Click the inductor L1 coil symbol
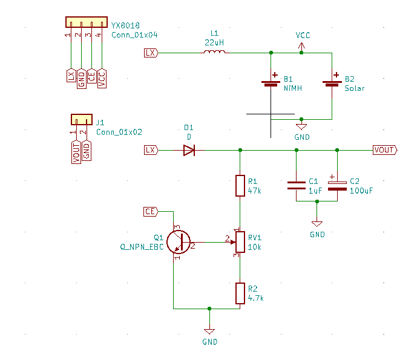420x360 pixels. click(x=215, y=53)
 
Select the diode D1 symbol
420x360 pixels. click(x=189, y=149)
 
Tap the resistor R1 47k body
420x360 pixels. click(x=240, y=186)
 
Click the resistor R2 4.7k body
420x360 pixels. click(x=240, y=293)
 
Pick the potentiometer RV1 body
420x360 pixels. click(x=240, y=241)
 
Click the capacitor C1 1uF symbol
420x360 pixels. click(x=297, y=186)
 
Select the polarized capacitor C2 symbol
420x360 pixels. click(x=337, y=186)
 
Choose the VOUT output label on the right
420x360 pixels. click(x=385, y=150)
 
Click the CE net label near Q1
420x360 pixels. click(x=151, y=211)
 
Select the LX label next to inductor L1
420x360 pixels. click(x=151, y=53)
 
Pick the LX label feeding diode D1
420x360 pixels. click(x=151, y=149)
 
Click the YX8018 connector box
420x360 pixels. click(x=87, y=22)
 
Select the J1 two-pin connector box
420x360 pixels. click(x=81, y=119)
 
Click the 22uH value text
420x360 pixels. click(x=215, y=43)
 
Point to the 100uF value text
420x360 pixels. click(x=361, y=190)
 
